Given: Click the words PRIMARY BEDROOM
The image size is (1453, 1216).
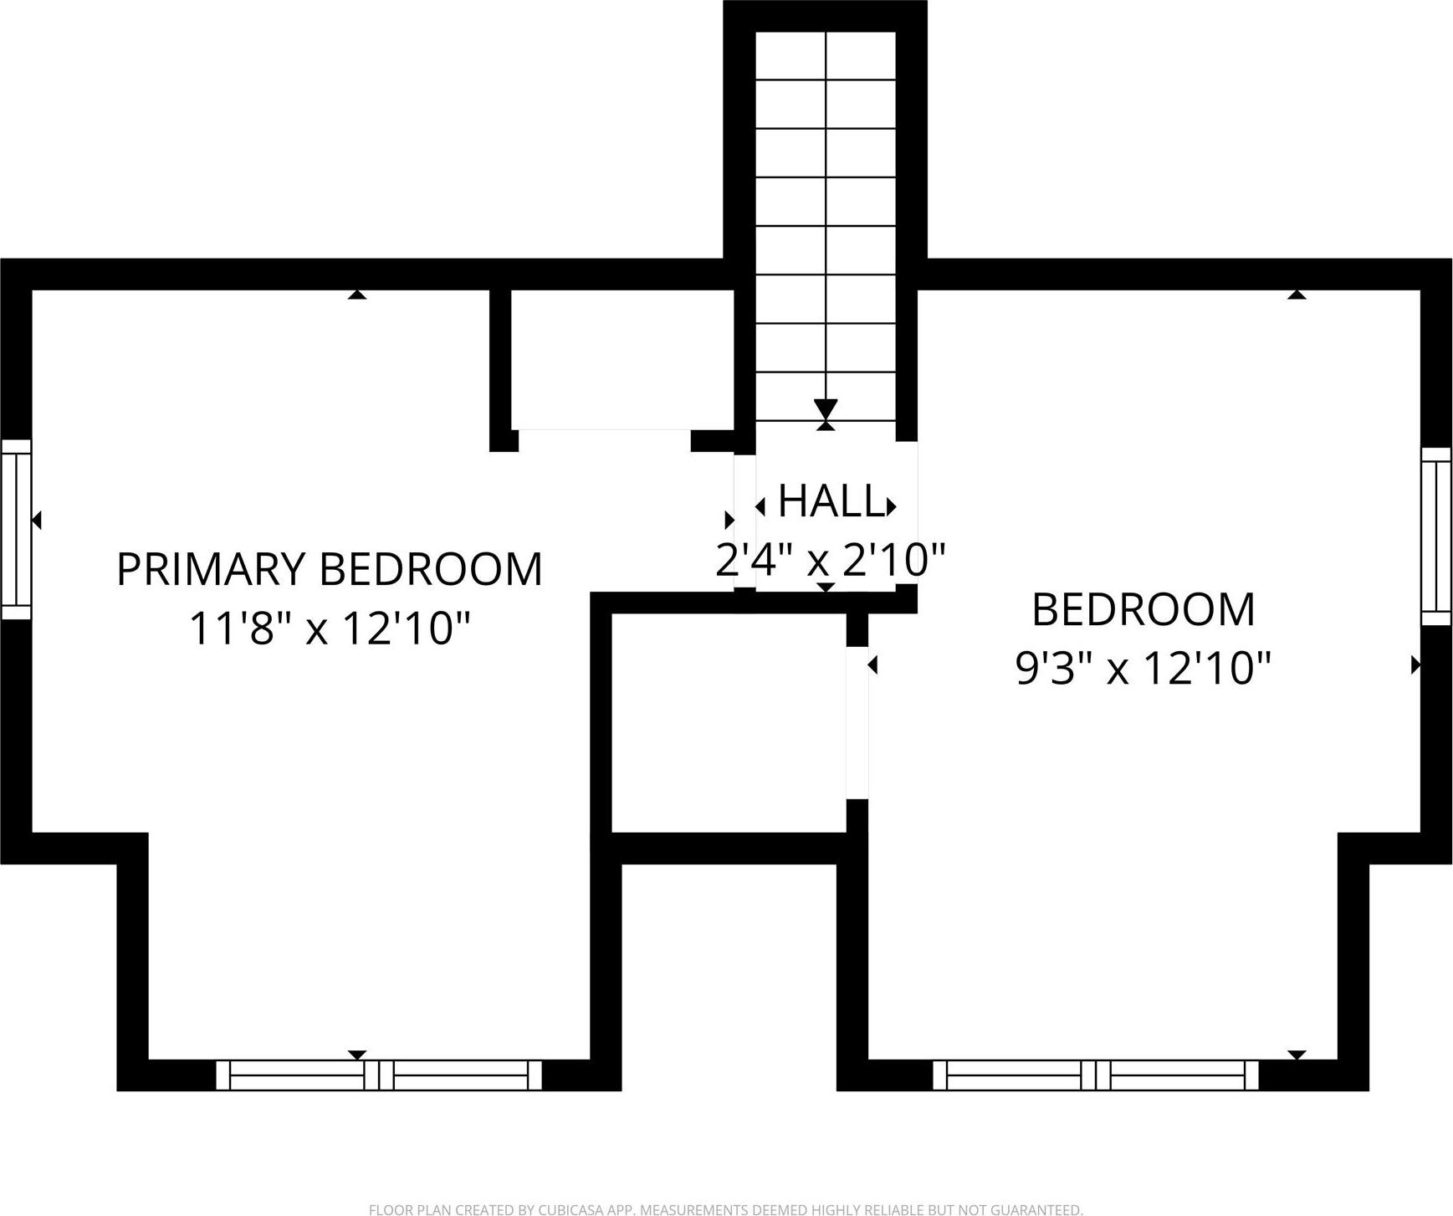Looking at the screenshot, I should pos(329,569).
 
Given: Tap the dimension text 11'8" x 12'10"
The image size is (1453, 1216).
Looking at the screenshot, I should pos(329,629).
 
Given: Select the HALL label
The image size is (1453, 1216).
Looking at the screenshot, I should pos(831,502).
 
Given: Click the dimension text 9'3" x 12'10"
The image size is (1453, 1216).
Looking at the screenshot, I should pos(1143,669).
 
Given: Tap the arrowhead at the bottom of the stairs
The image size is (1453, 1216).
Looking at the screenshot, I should pos(826,409).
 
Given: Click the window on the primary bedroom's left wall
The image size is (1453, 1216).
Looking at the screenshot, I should pos(16,529).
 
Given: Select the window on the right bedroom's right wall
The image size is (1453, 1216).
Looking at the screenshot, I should pos(1436,536).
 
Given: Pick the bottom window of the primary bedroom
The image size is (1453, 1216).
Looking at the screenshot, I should pos(379,1075).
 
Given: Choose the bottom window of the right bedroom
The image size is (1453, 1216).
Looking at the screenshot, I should pos(1095,1075).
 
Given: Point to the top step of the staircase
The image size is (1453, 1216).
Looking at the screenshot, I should pos(826,56).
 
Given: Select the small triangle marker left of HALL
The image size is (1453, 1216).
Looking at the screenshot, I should pos(760,506).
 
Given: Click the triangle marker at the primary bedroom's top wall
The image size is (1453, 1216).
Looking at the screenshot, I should pos(357,295).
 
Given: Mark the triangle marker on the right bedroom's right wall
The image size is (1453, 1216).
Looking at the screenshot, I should pos(1415,664).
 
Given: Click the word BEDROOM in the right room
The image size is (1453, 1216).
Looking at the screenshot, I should pos(1143,609).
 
